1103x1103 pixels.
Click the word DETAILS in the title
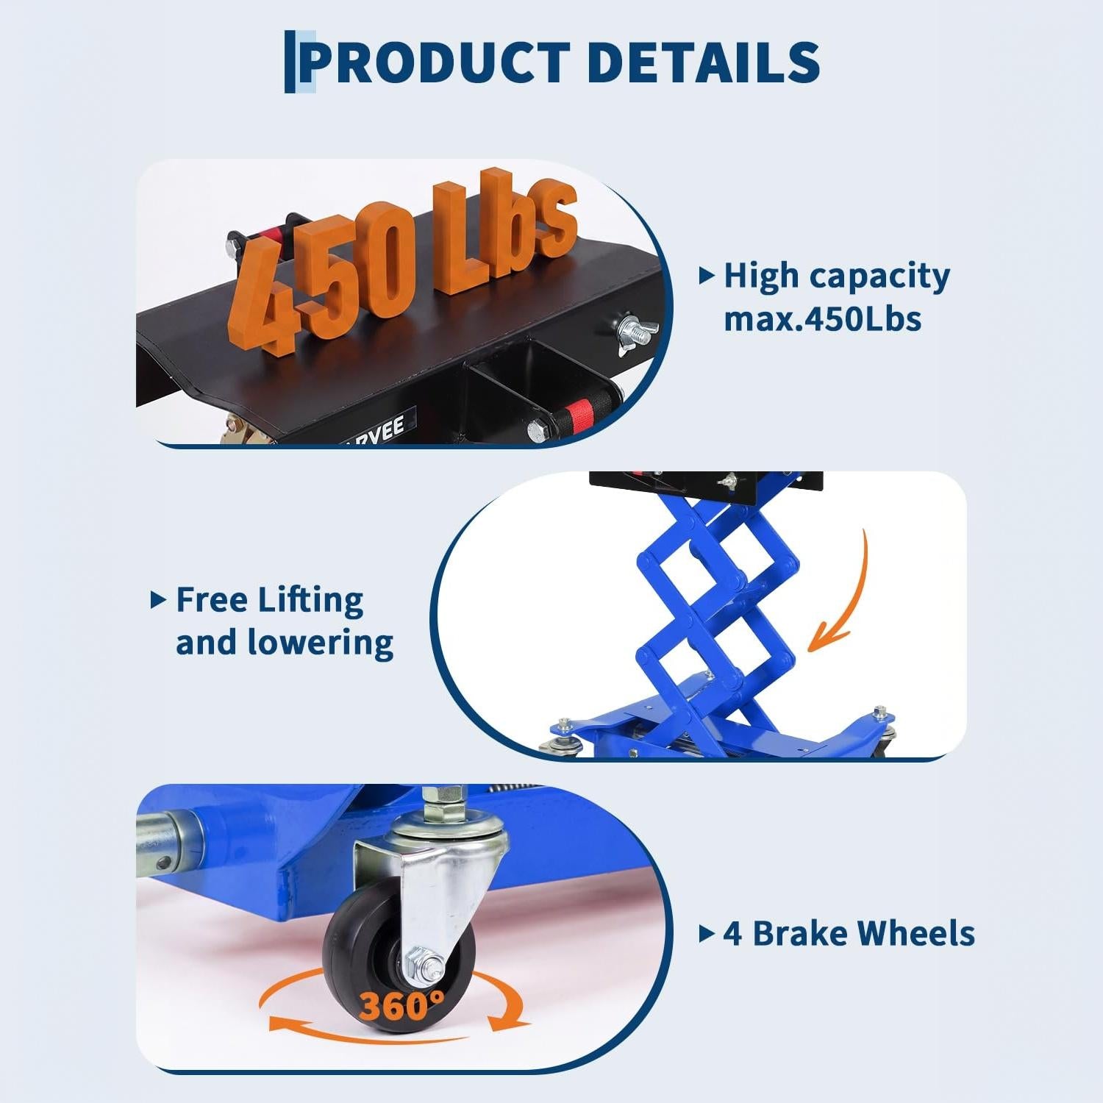click(704, 62)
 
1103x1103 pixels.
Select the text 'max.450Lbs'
click(822, 319)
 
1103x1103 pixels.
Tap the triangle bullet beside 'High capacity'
click(706, 276)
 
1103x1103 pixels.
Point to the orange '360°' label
click(401, 1005)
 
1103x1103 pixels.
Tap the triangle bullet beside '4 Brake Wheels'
click(706, 934)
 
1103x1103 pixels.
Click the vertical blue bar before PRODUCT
click(290, 62)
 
